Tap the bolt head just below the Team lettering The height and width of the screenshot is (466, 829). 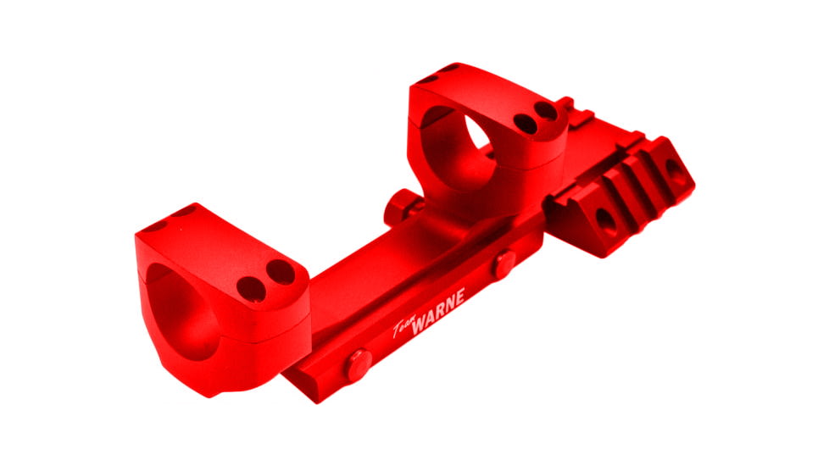coord(356,366)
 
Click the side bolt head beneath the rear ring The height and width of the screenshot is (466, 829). coord(504,264)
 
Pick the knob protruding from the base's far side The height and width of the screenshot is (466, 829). coord(399,208)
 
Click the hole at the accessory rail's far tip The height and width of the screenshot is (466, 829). coord(676,175)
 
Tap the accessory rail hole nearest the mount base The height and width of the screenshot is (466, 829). coord(605,222)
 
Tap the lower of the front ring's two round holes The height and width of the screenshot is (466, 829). coord(251,289)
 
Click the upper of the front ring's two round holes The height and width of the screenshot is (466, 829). coord(279,273)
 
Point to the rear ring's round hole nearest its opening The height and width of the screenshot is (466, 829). coord(526,124)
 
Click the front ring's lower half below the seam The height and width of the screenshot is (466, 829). coord(246,356)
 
